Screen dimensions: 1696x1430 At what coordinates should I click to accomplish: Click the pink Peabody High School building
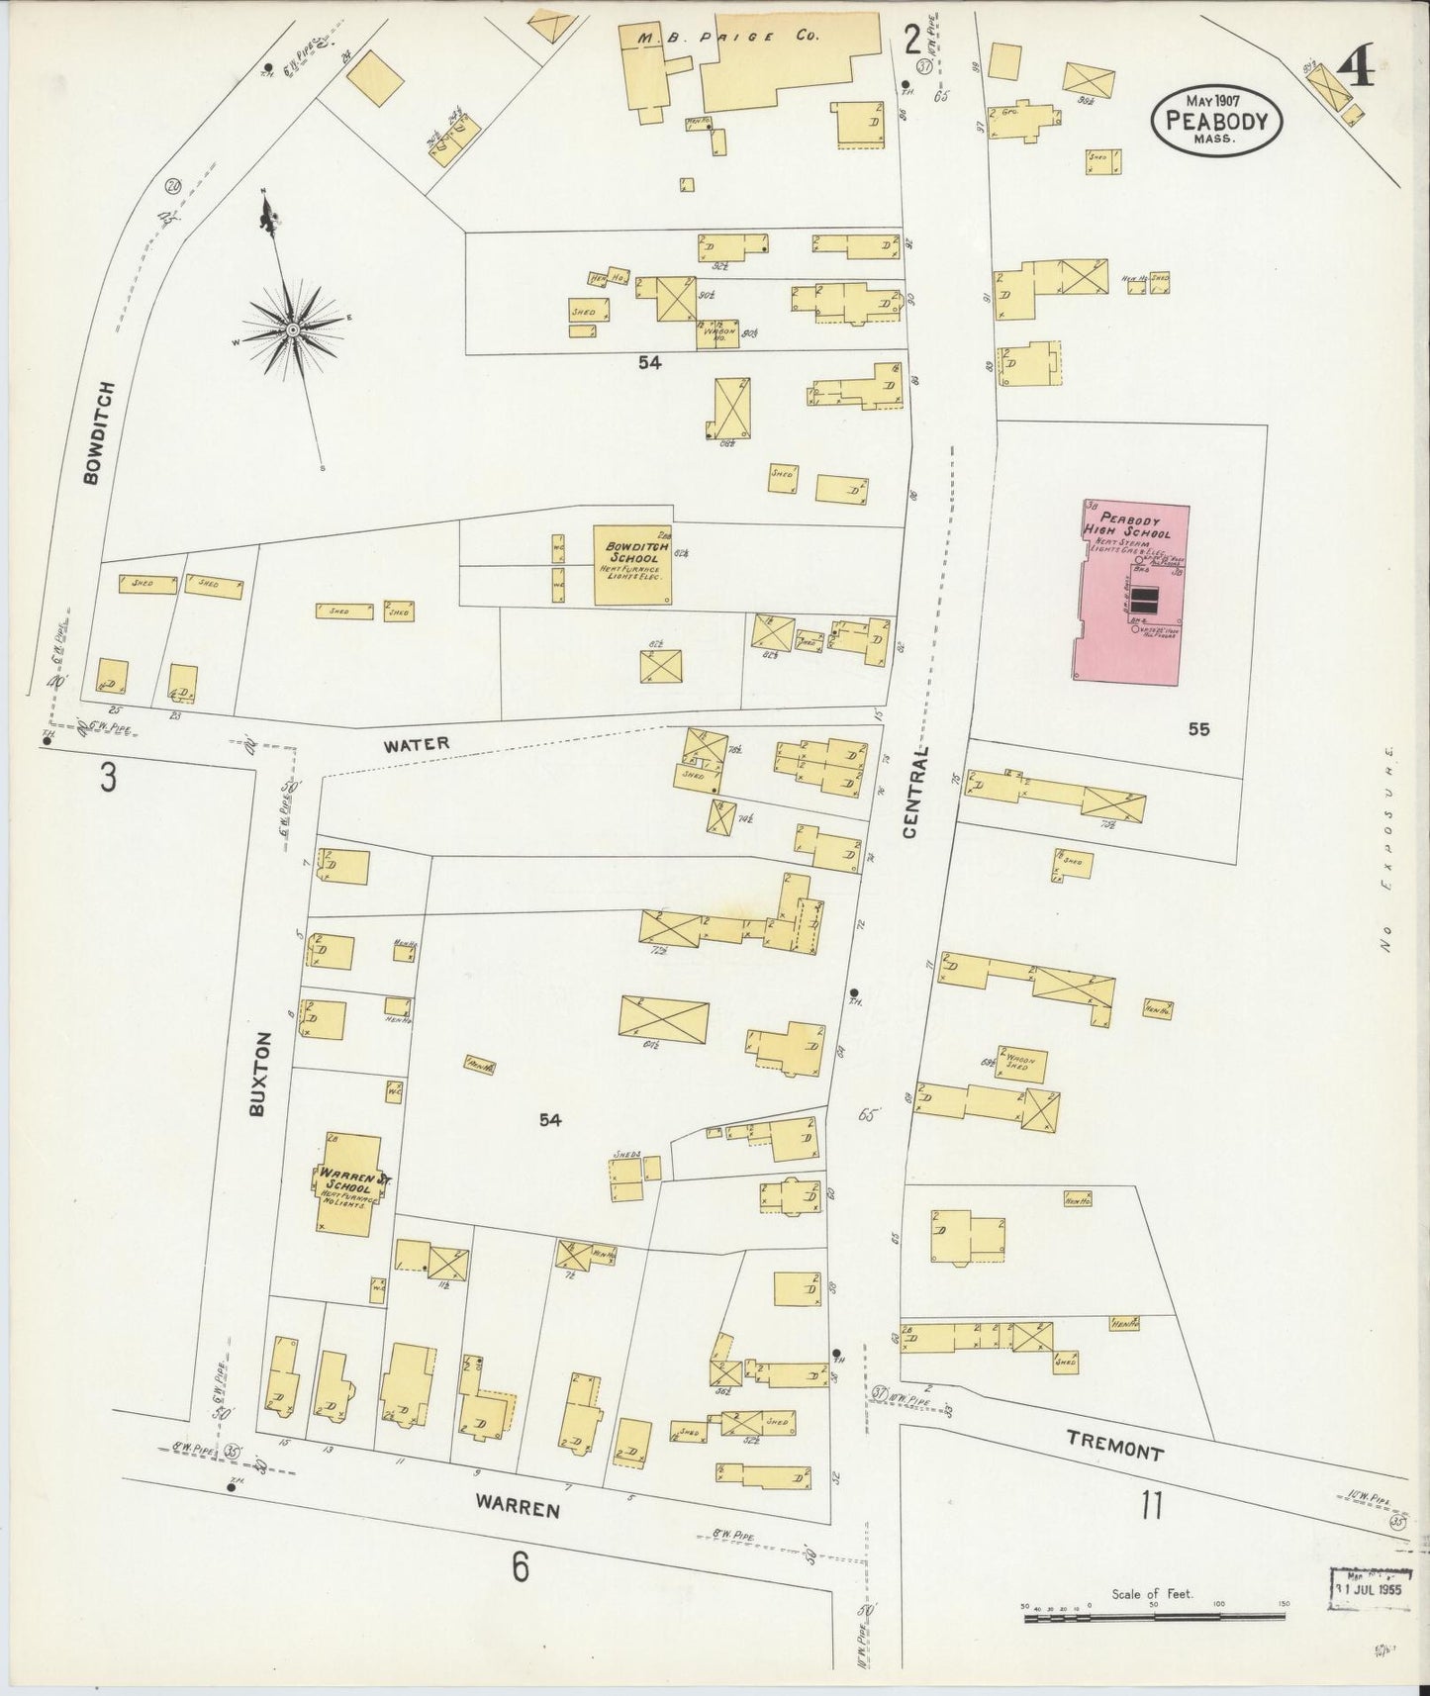pyautogui.click(x=1131, y=592)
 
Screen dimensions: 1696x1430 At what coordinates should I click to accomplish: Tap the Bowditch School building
pyautogui.click(x=633, y=565)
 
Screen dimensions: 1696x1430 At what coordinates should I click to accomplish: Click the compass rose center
pyautogui.click(x=293, y=329)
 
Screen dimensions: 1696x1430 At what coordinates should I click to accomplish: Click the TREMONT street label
pyautogui.click(x=1116, y=1452)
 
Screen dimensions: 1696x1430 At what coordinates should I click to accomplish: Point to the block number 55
pyautogui.click(x=1199, y=730)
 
